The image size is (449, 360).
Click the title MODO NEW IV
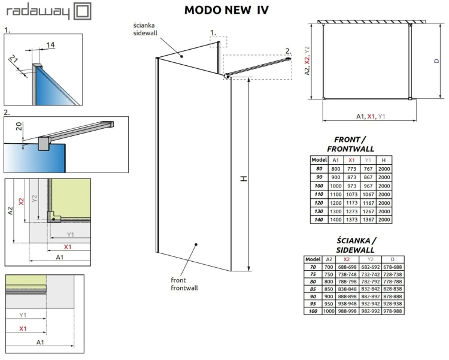coord(226,10)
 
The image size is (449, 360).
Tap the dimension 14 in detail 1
coord(50,45)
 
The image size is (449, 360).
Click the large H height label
coord(242,179)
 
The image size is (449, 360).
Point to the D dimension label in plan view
coord(436,61)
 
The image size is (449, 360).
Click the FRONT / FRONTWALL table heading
coord(351,144)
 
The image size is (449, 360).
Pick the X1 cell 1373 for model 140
coord(351,220)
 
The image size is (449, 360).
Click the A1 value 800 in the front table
coord(335,170)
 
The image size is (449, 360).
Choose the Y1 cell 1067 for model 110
coord(368,195)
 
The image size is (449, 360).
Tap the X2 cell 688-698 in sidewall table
coord(347,267)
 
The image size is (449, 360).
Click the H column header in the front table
coord(384,161)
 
